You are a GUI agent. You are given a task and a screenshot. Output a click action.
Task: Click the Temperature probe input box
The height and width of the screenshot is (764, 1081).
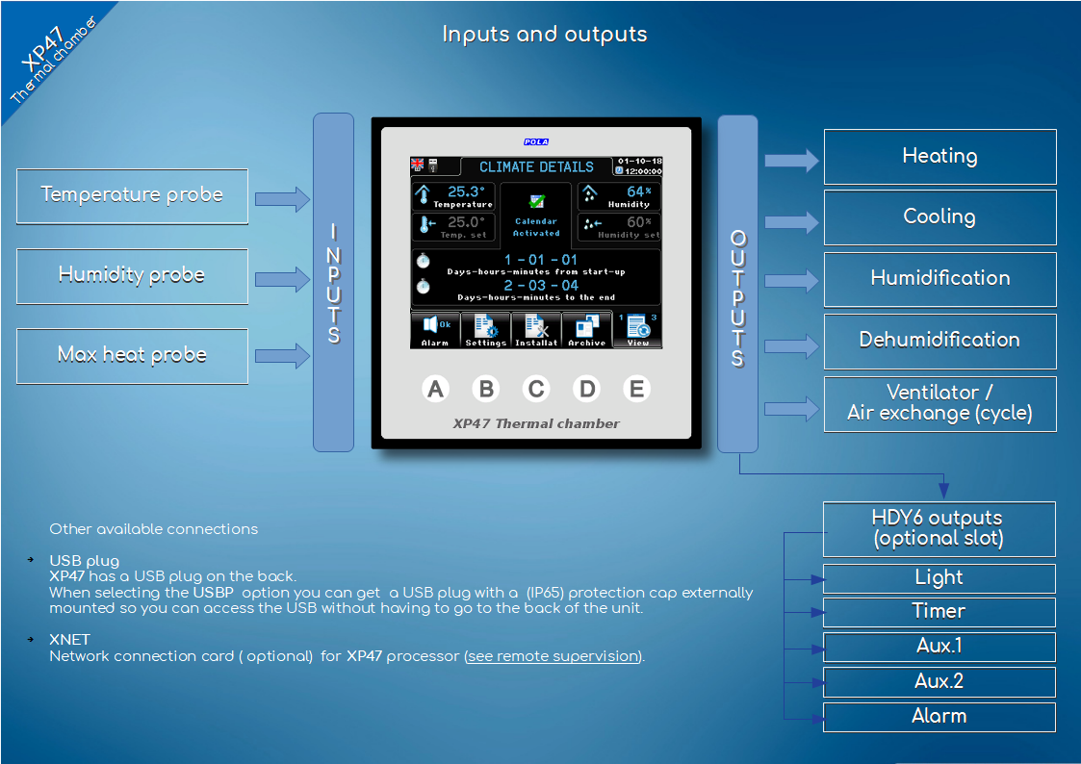133,196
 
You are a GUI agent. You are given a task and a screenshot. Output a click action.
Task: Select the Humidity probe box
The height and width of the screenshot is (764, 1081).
133,276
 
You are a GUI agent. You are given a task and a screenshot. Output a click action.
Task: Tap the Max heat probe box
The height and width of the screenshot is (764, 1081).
133,356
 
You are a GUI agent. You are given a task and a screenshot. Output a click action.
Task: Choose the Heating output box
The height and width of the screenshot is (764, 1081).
940,157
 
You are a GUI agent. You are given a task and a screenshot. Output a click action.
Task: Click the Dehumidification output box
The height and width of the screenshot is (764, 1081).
940,341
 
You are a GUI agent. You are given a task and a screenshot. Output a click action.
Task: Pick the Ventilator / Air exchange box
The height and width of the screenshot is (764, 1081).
940,404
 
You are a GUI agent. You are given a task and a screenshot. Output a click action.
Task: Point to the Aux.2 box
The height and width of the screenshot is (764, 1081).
939,681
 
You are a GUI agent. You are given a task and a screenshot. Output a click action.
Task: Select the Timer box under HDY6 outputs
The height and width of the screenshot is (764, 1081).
939,612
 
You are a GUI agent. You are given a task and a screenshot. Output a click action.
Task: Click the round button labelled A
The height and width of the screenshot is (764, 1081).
435,389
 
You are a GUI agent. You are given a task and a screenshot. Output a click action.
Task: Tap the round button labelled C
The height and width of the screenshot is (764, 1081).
535,389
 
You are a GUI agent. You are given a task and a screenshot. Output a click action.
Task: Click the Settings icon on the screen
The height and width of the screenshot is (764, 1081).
486,330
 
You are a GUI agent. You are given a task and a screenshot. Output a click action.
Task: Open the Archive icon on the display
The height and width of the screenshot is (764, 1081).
586,330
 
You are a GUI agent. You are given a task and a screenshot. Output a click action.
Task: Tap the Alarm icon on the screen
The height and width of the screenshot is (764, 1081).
435,330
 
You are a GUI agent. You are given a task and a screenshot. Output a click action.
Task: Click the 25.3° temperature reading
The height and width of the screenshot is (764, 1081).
466,191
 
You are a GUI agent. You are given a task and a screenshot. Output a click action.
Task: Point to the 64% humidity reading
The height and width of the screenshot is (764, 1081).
639,191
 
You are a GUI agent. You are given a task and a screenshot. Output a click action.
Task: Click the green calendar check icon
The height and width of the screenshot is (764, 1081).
536,201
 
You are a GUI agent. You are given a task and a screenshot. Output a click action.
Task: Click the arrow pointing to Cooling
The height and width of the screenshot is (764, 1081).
791,222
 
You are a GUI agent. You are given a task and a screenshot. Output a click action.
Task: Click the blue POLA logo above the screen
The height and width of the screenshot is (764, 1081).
535,141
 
